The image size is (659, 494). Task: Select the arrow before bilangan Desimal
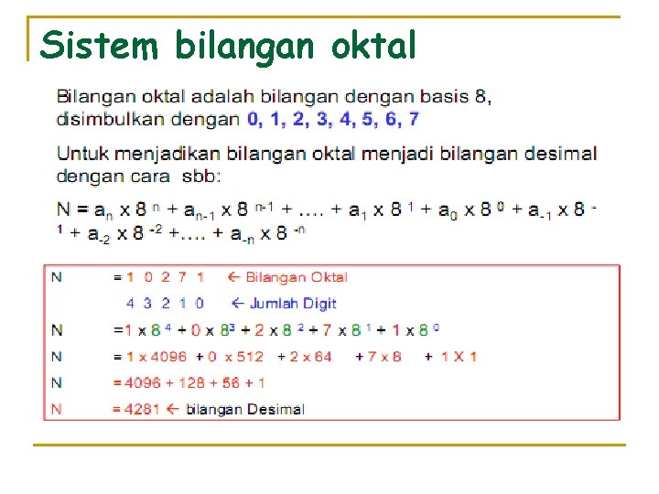[x=170, y=409]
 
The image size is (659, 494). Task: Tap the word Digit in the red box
[x=320, y=303]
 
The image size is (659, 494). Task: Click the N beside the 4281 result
[x=58, y=409]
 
